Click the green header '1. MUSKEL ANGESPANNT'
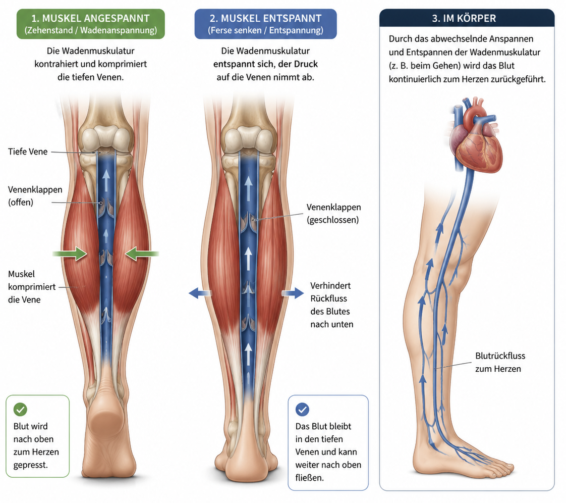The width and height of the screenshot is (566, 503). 91,24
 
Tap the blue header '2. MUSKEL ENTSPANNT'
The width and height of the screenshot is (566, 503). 265,24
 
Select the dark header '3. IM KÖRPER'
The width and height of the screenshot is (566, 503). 467,18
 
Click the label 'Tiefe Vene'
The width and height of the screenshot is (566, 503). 28,152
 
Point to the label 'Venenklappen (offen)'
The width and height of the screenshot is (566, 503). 35,196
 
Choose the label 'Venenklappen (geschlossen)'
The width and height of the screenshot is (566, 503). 333,214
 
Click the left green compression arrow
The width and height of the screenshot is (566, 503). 70,254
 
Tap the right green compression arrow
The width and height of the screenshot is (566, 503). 142,254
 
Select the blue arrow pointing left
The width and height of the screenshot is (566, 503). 200,293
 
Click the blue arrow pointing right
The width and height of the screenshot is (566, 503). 293,293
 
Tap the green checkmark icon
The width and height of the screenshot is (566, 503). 20,410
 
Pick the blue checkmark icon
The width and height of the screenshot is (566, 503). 302,410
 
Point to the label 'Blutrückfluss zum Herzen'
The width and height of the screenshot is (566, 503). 500,363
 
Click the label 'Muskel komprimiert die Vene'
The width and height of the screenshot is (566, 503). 32,287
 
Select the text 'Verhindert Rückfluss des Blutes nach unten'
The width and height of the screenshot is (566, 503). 332,305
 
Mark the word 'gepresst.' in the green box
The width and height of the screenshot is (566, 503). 31,465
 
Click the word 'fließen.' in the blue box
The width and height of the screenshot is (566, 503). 310,478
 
